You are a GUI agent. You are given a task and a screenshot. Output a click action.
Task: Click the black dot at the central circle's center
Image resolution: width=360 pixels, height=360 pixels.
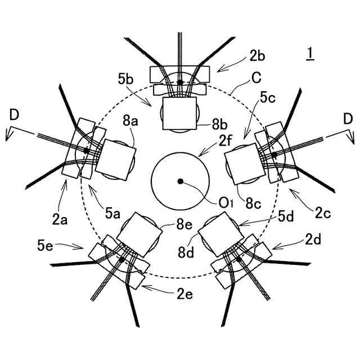click(180, 181)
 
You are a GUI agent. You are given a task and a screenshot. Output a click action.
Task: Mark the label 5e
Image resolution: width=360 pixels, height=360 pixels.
click(45, 245)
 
